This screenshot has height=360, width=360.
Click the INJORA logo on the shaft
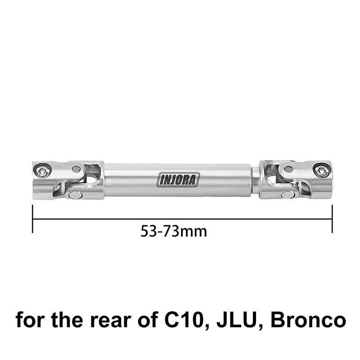178,180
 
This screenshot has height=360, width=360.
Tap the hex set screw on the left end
42,170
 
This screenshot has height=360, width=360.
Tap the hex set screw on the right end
321,170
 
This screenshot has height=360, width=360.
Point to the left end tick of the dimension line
33,219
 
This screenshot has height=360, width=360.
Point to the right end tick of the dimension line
332,219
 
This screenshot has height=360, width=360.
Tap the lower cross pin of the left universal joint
73,194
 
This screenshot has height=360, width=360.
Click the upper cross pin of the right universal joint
288,169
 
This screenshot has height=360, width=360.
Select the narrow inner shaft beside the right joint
255,180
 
